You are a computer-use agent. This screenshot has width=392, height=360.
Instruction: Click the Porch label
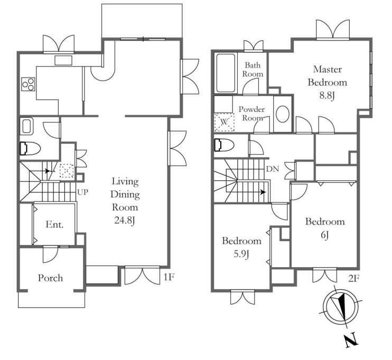click(50, 278)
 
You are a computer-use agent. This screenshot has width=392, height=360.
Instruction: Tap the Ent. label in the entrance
click(54, 224)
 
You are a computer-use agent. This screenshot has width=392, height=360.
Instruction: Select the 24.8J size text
click(125, 220)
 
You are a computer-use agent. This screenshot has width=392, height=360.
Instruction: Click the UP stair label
click(82, 192)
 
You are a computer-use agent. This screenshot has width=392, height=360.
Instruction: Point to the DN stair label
click(273, 169)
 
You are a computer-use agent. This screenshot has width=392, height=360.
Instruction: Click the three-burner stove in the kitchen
click(28, 84)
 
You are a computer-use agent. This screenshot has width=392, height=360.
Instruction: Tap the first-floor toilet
click(30, 149)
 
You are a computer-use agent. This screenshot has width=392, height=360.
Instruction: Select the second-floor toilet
click(224, 145)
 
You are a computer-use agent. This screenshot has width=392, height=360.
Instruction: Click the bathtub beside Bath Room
click(226, 73)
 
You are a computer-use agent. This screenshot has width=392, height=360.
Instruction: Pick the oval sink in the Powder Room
click(283, 114)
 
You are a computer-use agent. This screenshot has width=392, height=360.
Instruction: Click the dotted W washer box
click(224, 122)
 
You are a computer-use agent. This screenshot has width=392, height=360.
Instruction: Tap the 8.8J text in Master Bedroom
click(327, 96)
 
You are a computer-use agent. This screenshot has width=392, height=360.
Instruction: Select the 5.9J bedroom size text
click(241, 254)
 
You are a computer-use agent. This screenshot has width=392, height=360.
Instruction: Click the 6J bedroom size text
click(324, 235)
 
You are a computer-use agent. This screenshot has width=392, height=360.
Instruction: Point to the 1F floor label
click(169, 277)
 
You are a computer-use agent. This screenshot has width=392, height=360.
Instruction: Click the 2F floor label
click(354, 278)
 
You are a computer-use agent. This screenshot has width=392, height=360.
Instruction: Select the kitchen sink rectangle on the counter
click(63, 61)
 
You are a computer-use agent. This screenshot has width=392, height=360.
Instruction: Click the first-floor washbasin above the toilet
click(27, 126)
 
